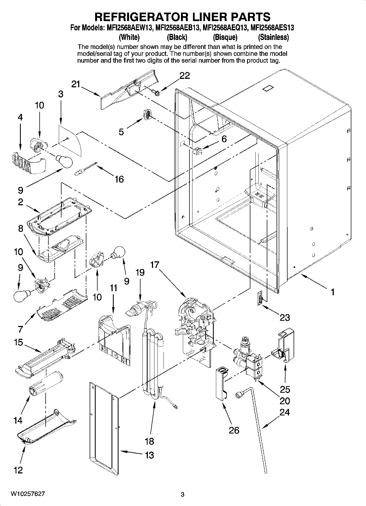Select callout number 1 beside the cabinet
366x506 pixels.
pyautogui.click(x=332, y=292)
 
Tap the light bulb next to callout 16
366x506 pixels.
pyautogui.click(x=65, y=161)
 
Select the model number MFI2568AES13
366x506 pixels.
pyautogui.click(x=272, y=27)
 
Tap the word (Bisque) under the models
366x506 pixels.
pyautogui.click(x=225, y=37)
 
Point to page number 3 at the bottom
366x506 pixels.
pyautogui.click(x=183, y=495)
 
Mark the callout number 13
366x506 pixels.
pyautogui.click(x=149, y=455)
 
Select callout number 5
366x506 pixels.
pyautogui.click(x=121, y=132)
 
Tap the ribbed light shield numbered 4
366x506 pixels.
pyautogui.click(x=28, y=163)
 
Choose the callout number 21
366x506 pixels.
pyautogui.click(x=76, y=85)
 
